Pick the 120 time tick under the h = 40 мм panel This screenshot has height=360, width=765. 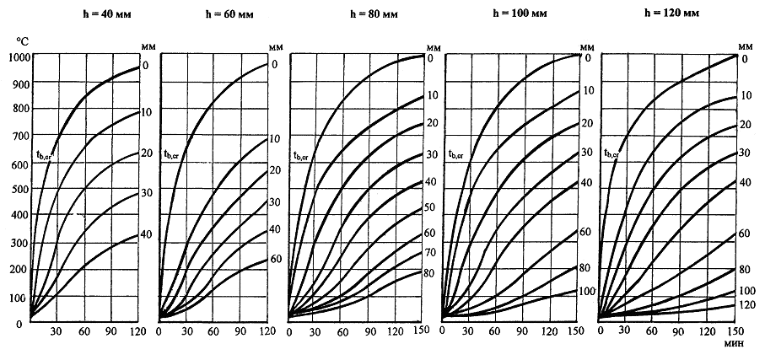click(137, 332)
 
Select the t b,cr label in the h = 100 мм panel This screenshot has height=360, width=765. click(459, 153)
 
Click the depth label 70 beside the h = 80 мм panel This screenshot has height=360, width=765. click(429, 251)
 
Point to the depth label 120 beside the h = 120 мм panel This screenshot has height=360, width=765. click(746, 304)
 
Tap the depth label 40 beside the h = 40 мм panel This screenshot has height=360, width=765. click(146, 234)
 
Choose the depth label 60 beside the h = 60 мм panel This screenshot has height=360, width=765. click(275, 259)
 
